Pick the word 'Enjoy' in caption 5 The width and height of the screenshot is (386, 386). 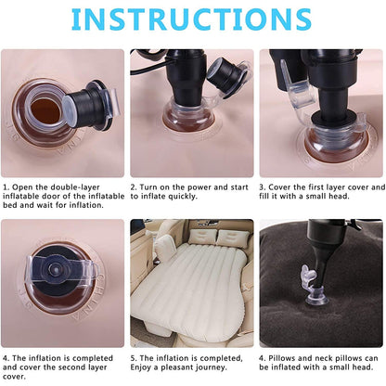(145, 367)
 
